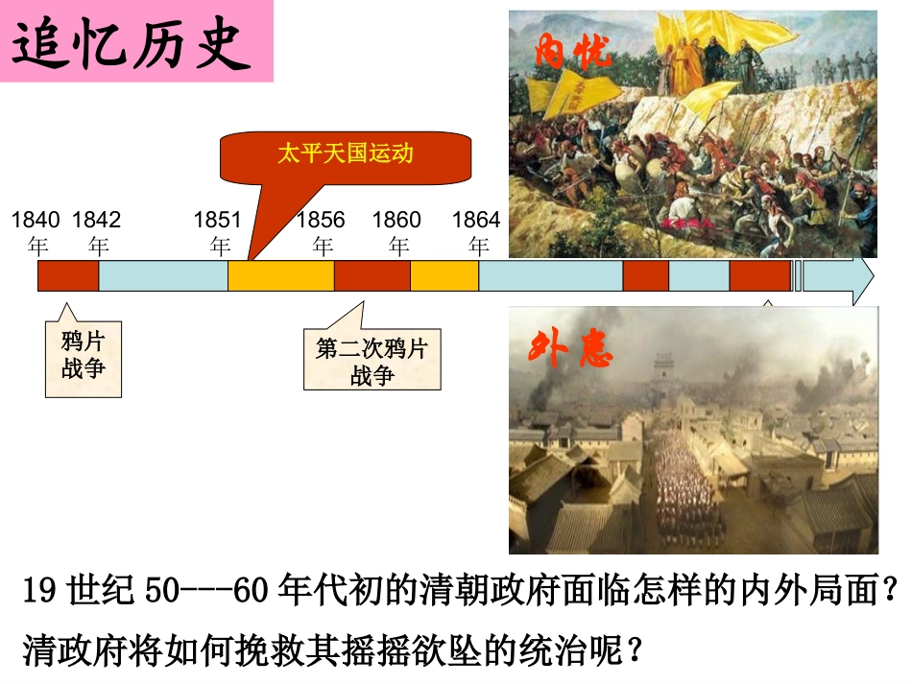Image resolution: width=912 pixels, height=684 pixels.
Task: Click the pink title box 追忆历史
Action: pyautogui.click(x=136, y=41)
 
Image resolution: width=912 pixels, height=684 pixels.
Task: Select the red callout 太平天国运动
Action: pyautogui.click(x=346, y=153)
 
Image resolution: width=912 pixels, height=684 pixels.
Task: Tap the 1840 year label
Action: pyautogui.click(x=36, y=232)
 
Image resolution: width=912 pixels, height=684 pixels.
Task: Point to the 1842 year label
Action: pyautogui.click(x=97, y=232)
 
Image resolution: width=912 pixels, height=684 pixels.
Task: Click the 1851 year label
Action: pyautogui.click(x=218, y=232)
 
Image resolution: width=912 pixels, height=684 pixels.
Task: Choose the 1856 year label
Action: pyautogui.click(x=321, y=232)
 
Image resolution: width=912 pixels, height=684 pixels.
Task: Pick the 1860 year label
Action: pyautogui.click(x=396, y=232)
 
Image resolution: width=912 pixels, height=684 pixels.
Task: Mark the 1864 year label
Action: pyautogui.click(x=476, y=232)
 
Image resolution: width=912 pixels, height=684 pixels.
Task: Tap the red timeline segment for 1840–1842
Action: pyautogui.click(x=68, y=275)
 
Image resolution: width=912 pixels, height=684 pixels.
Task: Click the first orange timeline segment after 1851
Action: pyautogui.click(x=280, y=275)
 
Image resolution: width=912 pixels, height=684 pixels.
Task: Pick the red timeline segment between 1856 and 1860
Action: pyautogui.click(x=372, y=275)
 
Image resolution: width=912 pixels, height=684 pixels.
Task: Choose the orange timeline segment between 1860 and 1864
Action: pyautogui.click(x=444, y=275)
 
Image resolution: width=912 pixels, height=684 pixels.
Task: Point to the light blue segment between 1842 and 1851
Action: pyautogui.click(x=163, y=275)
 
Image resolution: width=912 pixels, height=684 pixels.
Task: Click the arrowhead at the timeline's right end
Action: pyautogui.click(x=860, y=275)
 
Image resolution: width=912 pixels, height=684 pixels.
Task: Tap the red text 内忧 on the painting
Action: pyautogui.click(x=573, y=53)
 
